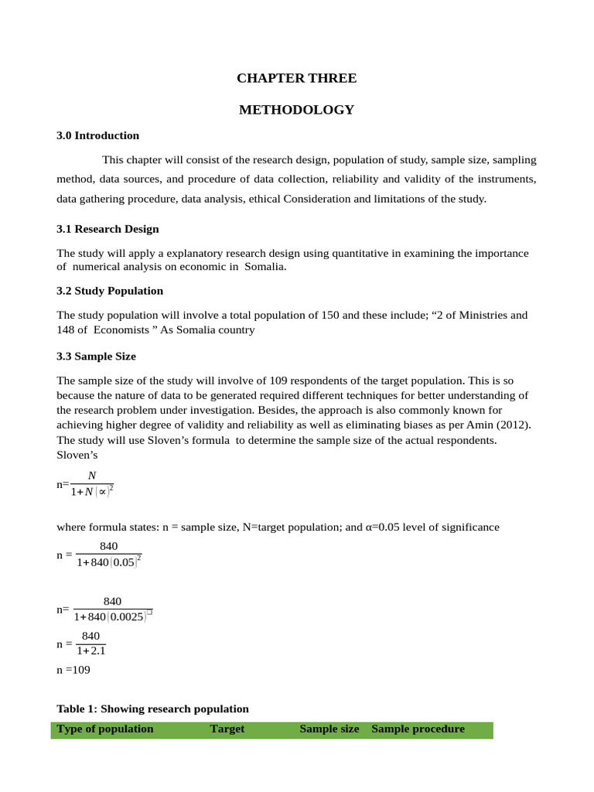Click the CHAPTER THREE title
296,78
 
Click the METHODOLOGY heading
296,110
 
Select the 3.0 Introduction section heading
97,135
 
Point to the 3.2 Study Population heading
110,291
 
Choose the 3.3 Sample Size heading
96,357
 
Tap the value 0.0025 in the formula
126,617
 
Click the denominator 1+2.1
90,651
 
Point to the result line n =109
73,670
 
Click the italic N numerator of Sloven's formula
92,476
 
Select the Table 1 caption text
152,708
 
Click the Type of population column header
105,729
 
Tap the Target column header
227,729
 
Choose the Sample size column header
329,729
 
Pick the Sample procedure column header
418,729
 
